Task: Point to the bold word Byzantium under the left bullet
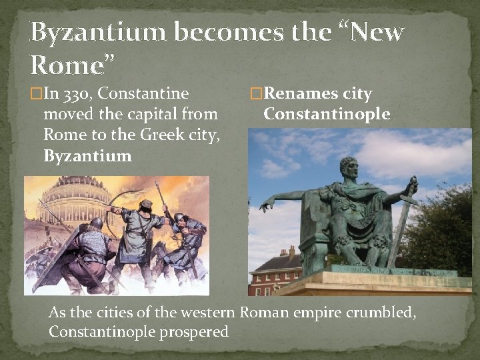[x=87, y=156]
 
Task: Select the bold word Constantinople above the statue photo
[x=327, y=114]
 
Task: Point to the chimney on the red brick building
[x=291, y=252]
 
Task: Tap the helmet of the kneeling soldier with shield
[x=96, y=223]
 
